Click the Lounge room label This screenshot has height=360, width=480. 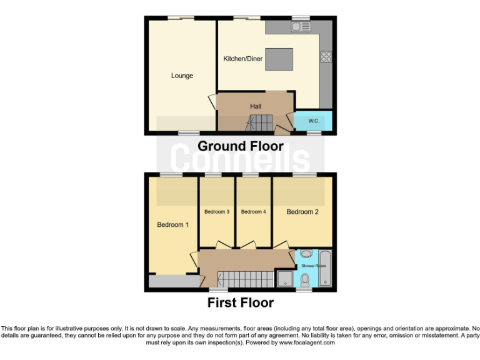click(x=182, y=76)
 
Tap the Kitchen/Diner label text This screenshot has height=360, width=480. click(x=243, y=59)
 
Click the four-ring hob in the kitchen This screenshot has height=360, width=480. click(x=326, y=57)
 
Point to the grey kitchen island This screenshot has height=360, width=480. click(x=278, y=59)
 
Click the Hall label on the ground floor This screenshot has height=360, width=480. click(x=256, y=106)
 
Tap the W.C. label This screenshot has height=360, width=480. click(x=313, y=121)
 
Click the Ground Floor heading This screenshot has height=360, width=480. click(x=241, y=146)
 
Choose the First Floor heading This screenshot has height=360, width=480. click(x=241, y=303)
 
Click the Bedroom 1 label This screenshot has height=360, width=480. click(x=172, y=224)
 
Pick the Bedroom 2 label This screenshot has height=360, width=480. click(x=302, y=212)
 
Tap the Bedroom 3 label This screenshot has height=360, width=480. click(x=217, y=212)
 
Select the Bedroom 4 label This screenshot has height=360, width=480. click(x=254, y=212)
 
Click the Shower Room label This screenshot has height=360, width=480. click(x=316, y=266)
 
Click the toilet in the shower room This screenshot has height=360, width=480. click(x=305, y=279)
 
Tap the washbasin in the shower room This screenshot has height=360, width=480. click(x=306, y=254)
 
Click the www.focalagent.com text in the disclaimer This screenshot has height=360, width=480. click(x=307, y=342)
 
